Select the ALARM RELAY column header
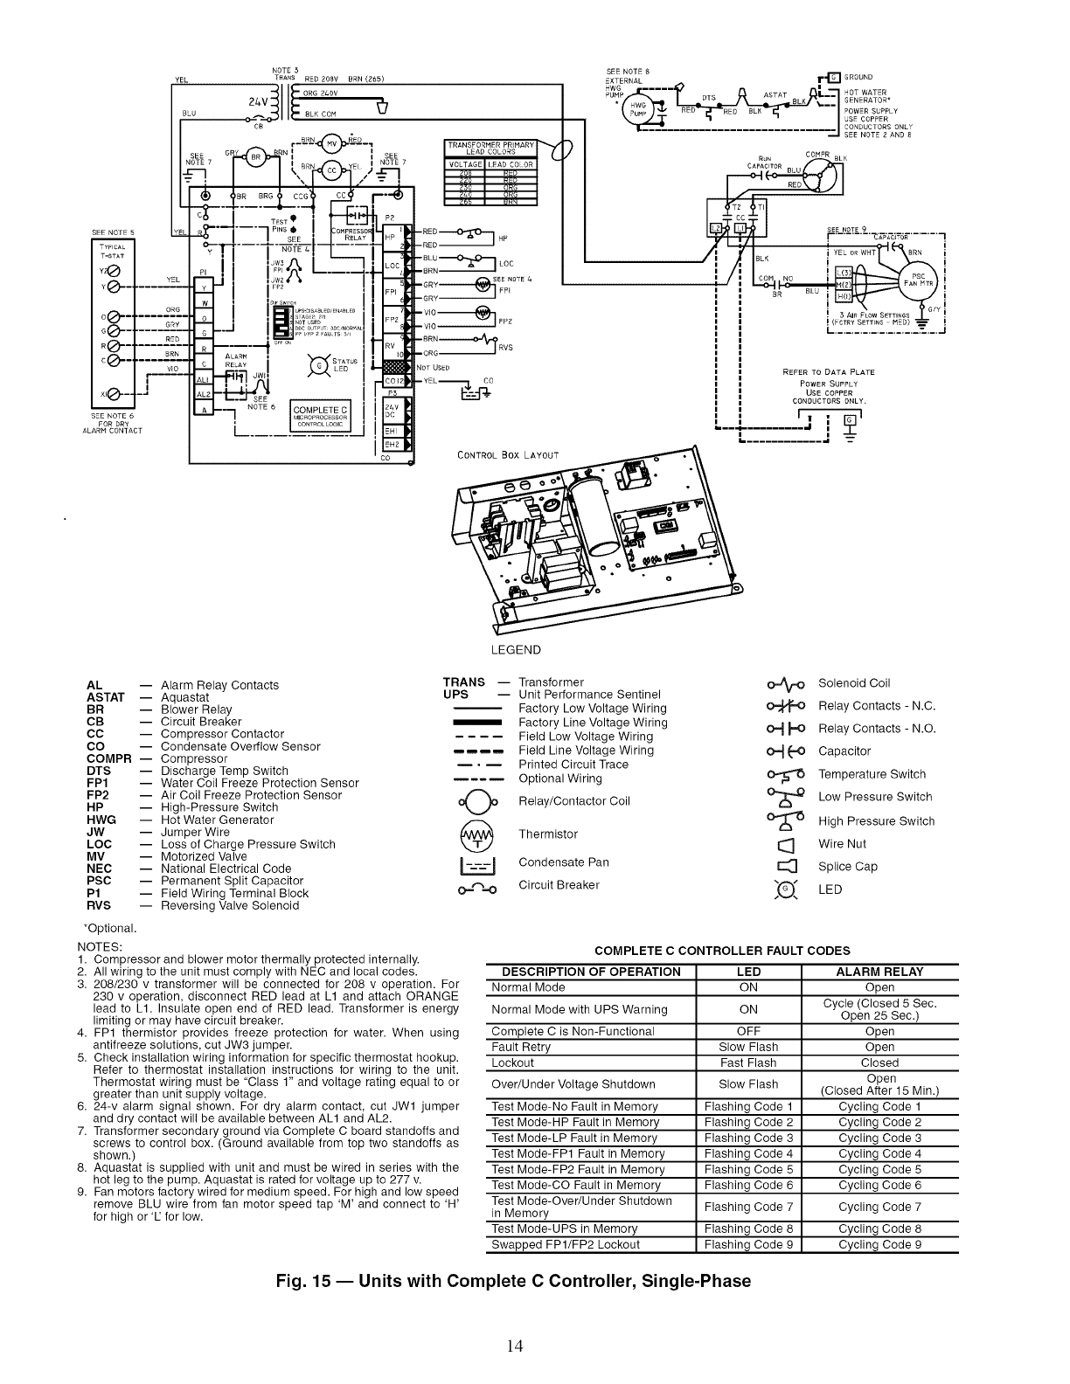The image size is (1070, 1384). tap(879, 972)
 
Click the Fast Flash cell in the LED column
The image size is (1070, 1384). tap(748, 1063)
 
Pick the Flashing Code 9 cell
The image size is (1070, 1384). tap(748, 1245)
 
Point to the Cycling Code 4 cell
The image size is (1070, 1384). tap(879, 1154)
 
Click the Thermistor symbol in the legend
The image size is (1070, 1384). tap(476, 835)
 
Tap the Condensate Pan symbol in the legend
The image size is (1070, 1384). tap(476, 863)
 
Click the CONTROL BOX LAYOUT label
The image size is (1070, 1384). tap(507, 454)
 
